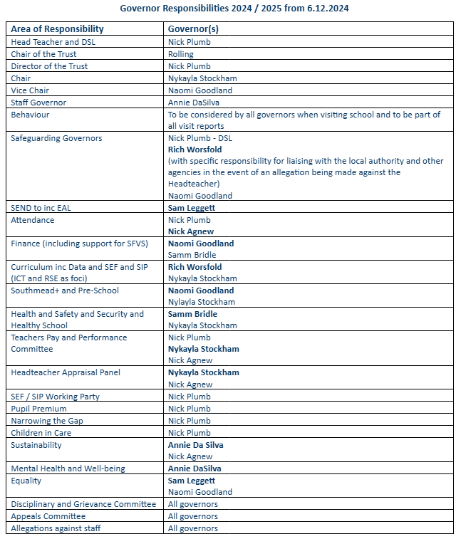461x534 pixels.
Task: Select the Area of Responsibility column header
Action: pyautogui.click(x=57, y=29)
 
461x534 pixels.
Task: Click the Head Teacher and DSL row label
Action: pyautogui.click(x=53, y=42)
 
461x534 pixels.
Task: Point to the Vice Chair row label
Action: pyautogui.click(x=32, y=90)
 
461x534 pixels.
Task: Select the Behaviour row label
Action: pyautogui.click(x=30, y=115)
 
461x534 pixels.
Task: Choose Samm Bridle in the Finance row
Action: pyautogui.click(x=192, y=255)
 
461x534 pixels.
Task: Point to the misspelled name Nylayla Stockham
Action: pyautogui.click(x=202, y=302)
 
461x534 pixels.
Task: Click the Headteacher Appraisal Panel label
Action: pyautogui.click(x=66, y=372)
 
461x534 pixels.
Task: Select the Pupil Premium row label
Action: pyautogui.click(x=38, y=409)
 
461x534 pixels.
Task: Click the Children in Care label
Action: pyautogui.click(x=41, y=433)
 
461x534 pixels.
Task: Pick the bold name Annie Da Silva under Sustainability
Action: pyautogui.click(x=196, y=445)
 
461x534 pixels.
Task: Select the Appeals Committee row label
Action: pyautogui.click(x=48, y=516)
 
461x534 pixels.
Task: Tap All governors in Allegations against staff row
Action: pyautogui.click(x=193, y=528)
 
